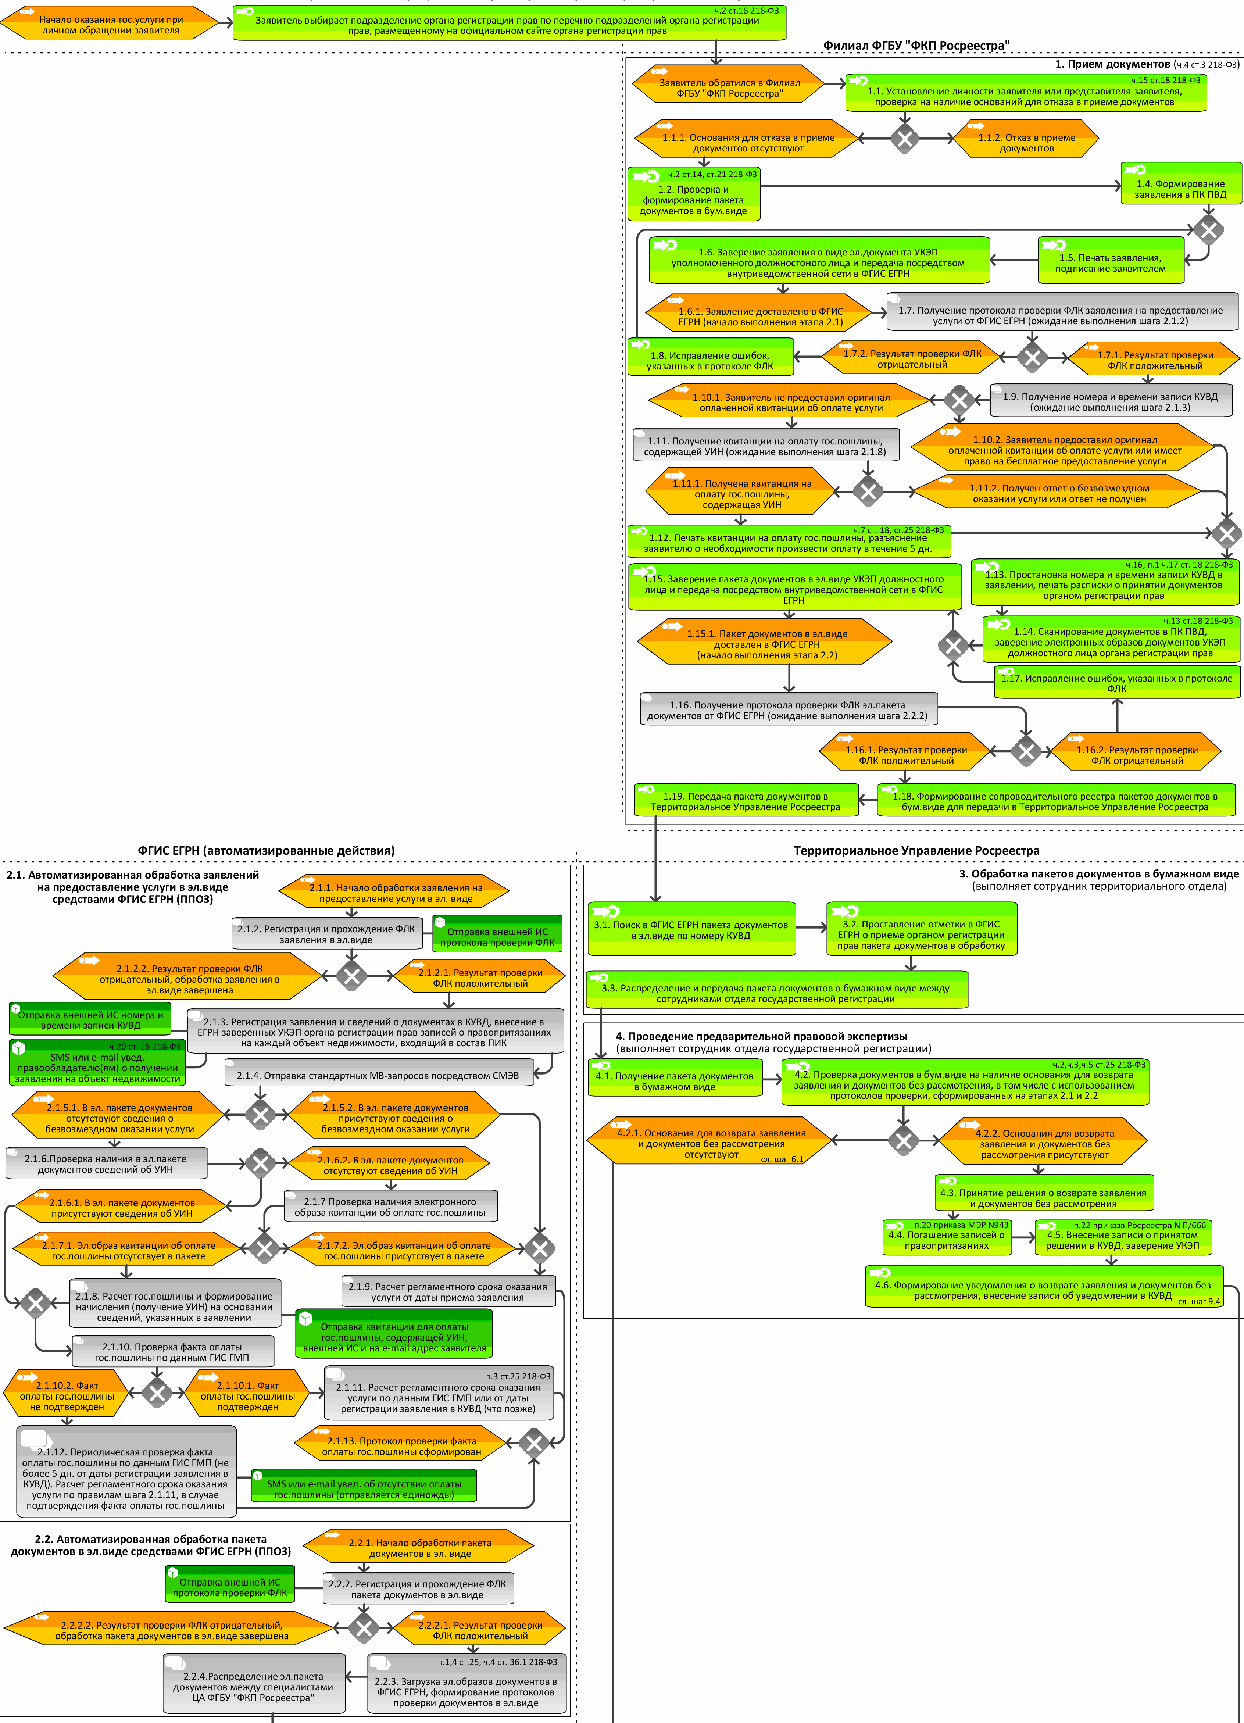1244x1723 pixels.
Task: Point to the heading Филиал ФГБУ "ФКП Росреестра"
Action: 916,46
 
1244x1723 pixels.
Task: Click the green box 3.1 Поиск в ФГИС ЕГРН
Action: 691,929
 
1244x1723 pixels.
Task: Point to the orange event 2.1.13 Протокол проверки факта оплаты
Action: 401,1446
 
